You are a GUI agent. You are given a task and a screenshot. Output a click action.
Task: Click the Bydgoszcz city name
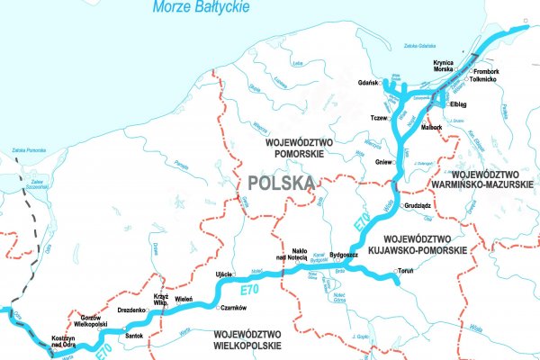point(345,255)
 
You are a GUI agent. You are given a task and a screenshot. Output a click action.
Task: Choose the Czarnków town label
point(233,308)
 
